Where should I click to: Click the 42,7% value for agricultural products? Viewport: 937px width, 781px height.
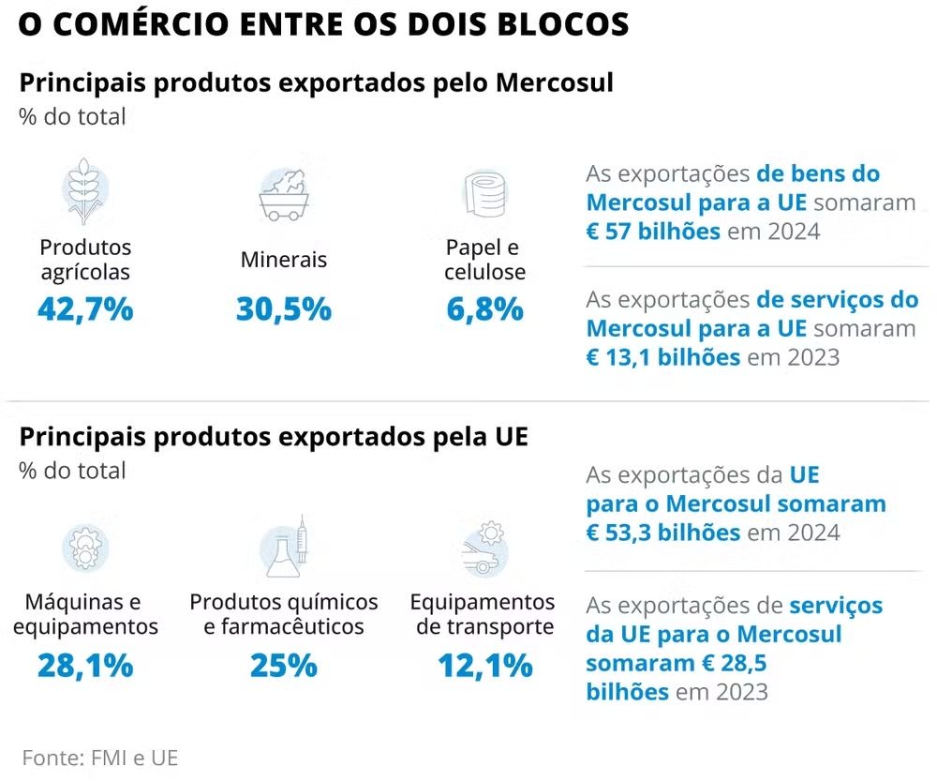point(85,308)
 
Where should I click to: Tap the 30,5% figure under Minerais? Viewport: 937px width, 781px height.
point(284,308)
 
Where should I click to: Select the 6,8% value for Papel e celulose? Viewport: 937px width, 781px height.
point(484,308)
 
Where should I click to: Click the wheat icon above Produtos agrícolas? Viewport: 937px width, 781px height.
point(85,192)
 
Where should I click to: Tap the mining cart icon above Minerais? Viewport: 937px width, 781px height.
point(284,195)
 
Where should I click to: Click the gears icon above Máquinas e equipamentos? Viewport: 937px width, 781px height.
point(85,548)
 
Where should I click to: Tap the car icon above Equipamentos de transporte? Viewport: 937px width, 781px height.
point(483,550)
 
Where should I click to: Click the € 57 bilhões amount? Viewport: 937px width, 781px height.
point(653,231)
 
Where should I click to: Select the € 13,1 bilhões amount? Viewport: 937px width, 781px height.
point(663,357)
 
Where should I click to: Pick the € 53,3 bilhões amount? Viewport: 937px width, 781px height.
point(663,533)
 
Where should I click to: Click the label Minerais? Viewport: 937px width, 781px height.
point(284,260)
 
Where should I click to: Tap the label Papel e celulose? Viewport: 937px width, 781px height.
point(484,260)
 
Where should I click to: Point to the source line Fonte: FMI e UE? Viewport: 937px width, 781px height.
point(99,758)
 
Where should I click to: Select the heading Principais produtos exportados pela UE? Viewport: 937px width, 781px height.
point(274,437)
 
